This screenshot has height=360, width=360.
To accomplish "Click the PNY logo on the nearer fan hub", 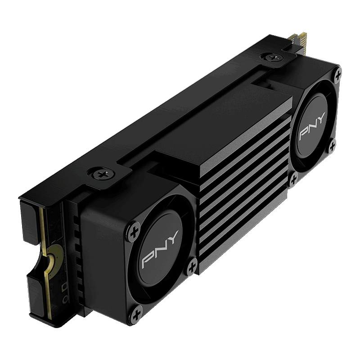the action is (x=160, y=249).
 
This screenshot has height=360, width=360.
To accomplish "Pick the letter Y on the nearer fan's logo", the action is (x=173, y=237).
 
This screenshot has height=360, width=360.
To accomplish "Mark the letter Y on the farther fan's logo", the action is (x=321, y=117).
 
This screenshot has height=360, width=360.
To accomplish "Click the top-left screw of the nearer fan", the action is (x=134, y=232).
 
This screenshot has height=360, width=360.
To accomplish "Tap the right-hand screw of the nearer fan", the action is (x=192, y=267).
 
